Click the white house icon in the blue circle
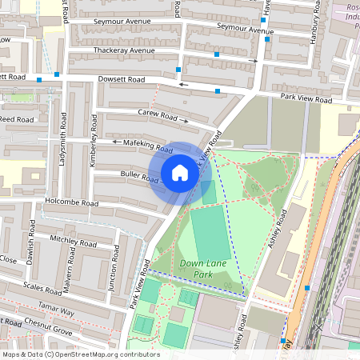click(x=180, y=173)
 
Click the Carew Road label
click(x=157, y=115)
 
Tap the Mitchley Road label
click(x=73, y=239)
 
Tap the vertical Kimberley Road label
click(x=94, y=142)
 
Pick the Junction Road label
click(x=114, y=272)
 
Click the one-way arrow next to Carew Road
click(x=185, y=121)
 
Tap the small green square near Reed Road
click(x=38, y=102)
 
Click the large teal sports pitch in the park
click(x=210, y=233)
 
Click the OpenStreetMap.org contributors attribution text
click(x=104, y=354)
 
